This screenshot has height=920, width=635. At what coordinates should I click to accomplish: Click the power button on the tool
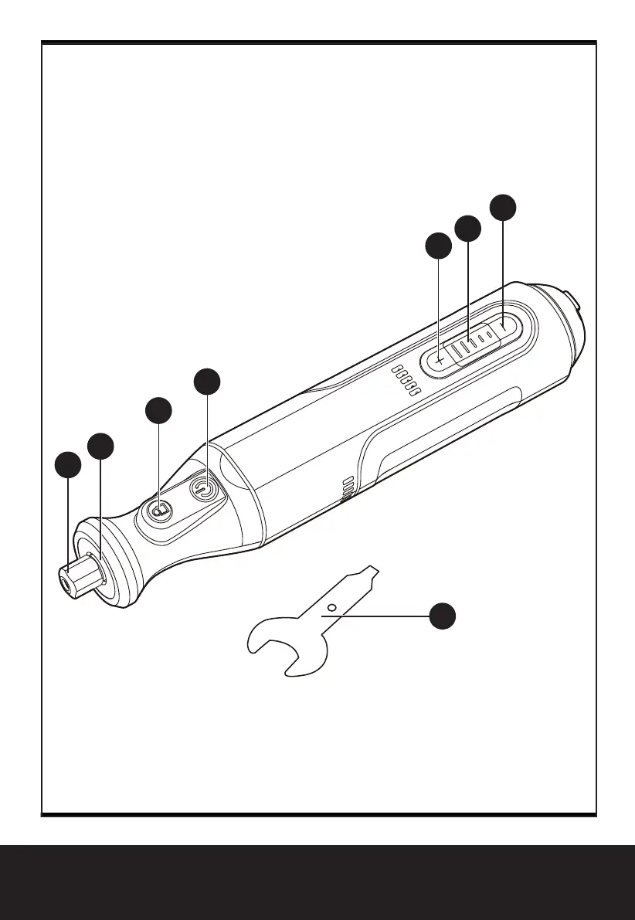[203, 489]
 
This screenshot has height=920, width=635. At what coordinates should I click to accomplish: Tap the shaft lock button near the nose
[160, 511]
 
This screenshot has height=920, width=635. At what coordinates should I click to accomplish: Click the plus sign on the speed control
[439, 359]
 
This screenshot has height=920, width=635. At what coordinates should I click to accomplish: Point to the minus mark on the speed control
[504, 327]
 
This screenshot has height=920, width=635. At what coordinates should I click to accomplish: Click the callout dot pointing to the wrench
[442, 616]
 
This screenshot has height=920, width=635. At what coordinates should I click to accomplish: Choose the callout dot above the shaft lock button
[159, 411]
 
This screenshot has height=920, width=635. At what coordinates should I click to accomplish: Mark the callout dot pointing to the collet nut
[68, 466]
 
